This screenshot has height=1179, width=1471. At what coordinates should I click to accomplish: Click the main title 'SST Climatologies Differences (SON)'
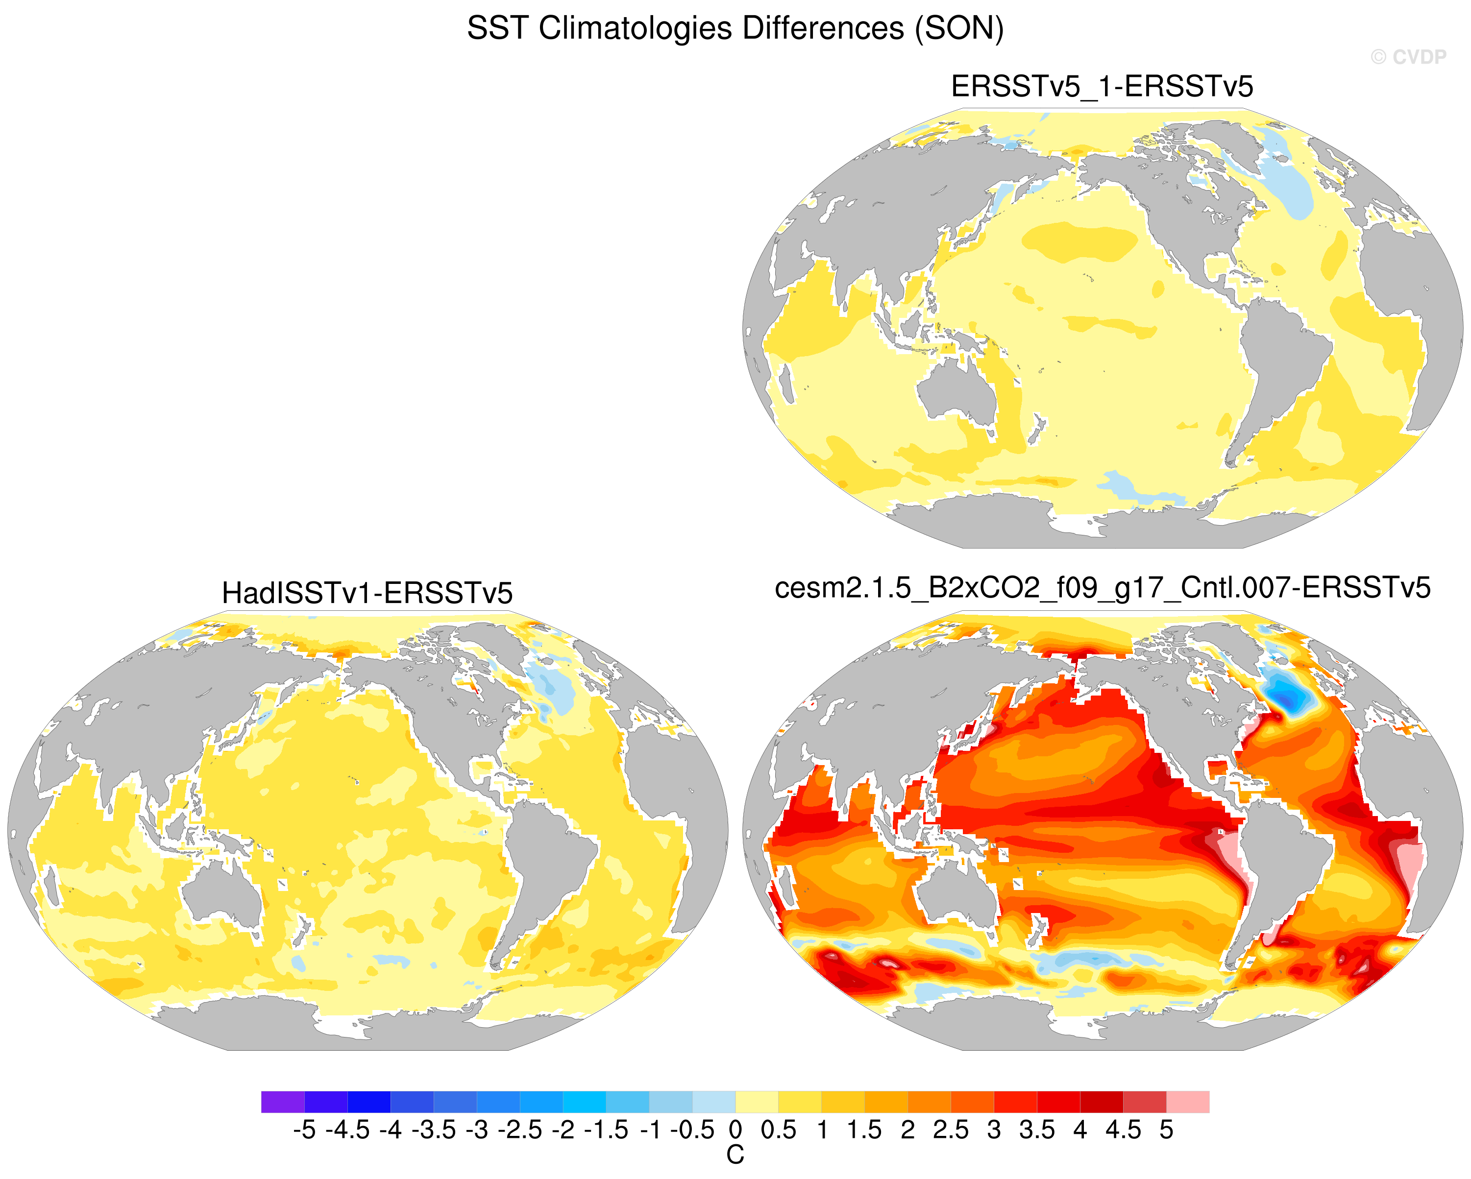coord(735,28)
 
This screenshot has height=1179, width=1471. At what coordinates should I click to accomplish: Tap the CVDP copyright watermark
coord(1408,57)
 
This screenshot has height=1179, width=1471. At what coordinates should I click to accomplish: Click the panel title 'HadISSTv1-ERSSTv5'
coord(367,593)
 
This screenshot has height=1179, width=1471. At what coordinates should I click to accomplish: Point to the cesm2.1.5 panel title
coord(1103,588)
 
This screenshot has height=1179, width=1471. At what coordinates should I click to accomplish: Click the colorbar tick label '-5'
coord(304,1131)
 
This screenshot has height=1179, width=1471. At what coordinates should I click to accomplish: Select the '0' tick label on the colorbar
coord(735,1131)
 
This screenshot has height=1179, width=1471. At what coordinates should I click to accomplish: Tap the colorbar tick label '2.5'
coord(951,1131)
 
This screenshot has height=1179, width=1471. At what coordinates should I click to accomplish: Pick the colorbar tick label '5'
coord(1166,1131)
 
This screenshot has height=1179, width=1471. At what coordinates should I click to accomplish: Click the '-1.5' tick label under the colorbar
coord(606,1131)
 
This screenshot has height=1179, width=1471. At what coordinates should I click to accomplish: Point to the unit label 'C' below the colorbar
coord(735,1155)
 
